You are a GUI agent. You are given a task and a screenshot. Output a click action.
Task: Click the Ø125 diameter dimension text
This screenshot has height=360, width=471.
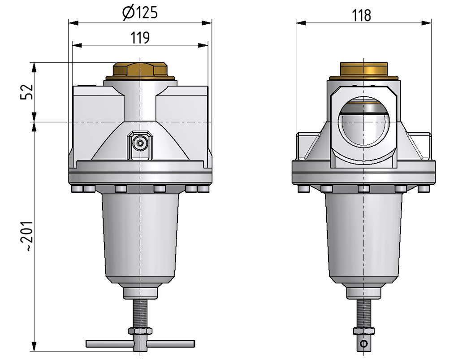click(140, 13)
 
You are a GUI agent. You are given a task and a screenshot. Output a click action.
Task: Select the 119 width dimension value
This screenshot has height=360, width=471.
click(140, 38)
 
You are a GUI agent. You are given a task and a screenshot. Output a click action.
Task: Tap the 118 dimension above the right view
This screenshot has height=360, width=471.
click(361, 16)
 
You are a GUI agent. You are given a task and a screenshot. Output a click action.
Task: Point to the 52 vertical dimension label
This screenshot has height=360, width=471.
click(27, 92)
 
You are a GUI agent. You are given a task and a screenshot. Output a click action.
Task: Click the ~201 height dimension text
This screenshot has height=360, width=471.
click(27, 236)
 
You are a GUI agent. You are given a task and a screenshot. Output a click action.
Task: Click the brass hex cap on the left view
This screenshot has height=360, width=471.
click(140, 71)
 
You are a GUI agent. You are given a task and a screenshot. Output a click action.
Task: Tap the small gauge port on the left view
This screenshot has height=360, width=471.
click(140, 143)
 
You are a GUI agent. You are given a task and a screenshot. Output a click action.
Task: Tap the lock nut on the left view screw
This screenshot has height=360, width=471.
click(140, 331)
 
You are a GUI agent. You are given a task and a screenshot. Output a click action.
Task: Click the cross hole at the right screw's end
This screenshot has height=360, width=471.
click(363, 344)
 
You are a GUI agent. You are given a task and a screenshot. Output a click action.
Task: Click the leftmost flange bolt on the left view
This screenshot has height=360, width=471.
click(76, 190)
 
